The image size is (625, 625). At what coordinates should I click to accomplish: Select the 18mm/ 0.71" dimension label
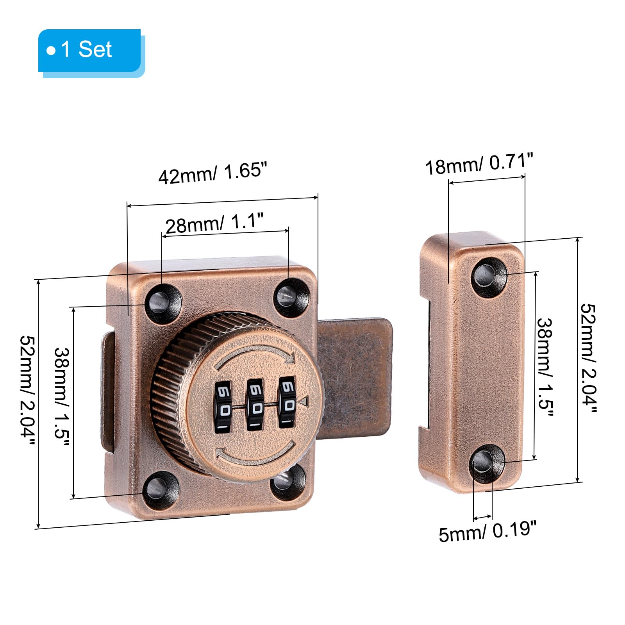(x=479, y=163)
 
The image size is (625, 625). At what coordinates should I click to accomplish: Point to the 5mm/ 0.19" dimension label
(x=488, y=532)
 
